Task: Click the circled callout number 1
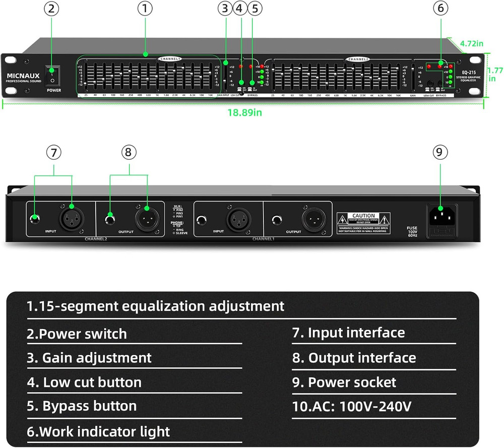coord(145,8)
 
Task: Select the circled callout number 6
coord(442,8)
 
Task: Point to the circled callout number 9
coord(442,152)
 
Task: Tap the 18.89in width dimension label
coord(244,112)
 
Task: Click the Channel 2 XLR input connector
coord(71,219)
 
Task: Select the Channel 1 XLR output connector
coord(311,219)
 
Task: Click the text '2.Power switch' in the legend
coord(77,334)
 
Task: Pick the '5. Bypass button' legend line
coord(82,406)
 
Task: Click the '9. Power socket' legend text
coord(344,382)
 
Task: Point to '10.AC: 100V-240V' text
coord(352,406)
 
